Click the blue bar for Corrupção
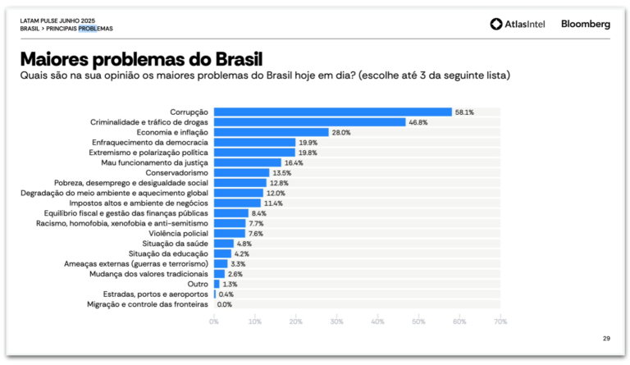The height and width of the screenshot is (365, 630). pos(332,112)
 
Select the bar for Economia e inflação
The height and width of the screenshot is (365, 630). pos(271,132)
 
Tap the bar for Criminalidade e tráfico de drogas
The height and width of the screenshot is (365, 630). pos(309,122)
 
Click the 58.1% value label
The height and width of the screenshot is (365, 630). pos(465,112)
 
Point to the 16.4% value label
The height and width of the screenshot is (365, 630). pos(294,162)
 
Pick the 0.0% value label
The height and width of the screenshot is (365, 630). pos(224,304)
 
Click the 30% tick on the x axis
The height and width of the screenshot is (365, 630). pos(336,322)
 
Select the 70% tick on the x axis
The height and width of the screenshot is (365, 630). pos(500,322)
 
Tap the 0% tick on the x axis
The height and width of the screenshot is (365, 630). pos(214,322)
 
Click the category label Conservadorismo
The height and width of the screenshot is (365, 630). pos(177,172)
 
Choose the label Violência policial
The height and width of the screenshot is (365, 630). pos(175,233)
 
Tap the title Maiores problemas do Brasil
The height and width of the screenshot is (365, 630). pos(141,60)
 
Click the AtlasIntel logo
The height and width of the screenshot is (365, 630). pos(520,25)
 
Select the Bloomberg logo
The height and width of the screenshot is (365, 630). pos(585,25)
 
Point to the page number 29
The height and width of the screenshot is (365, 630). pos(606,339)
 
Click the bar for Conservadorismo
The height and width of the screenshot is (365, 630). pos(241,172)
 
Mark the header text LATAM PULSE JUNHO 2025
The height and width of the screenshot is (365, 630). pos(58,20)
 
